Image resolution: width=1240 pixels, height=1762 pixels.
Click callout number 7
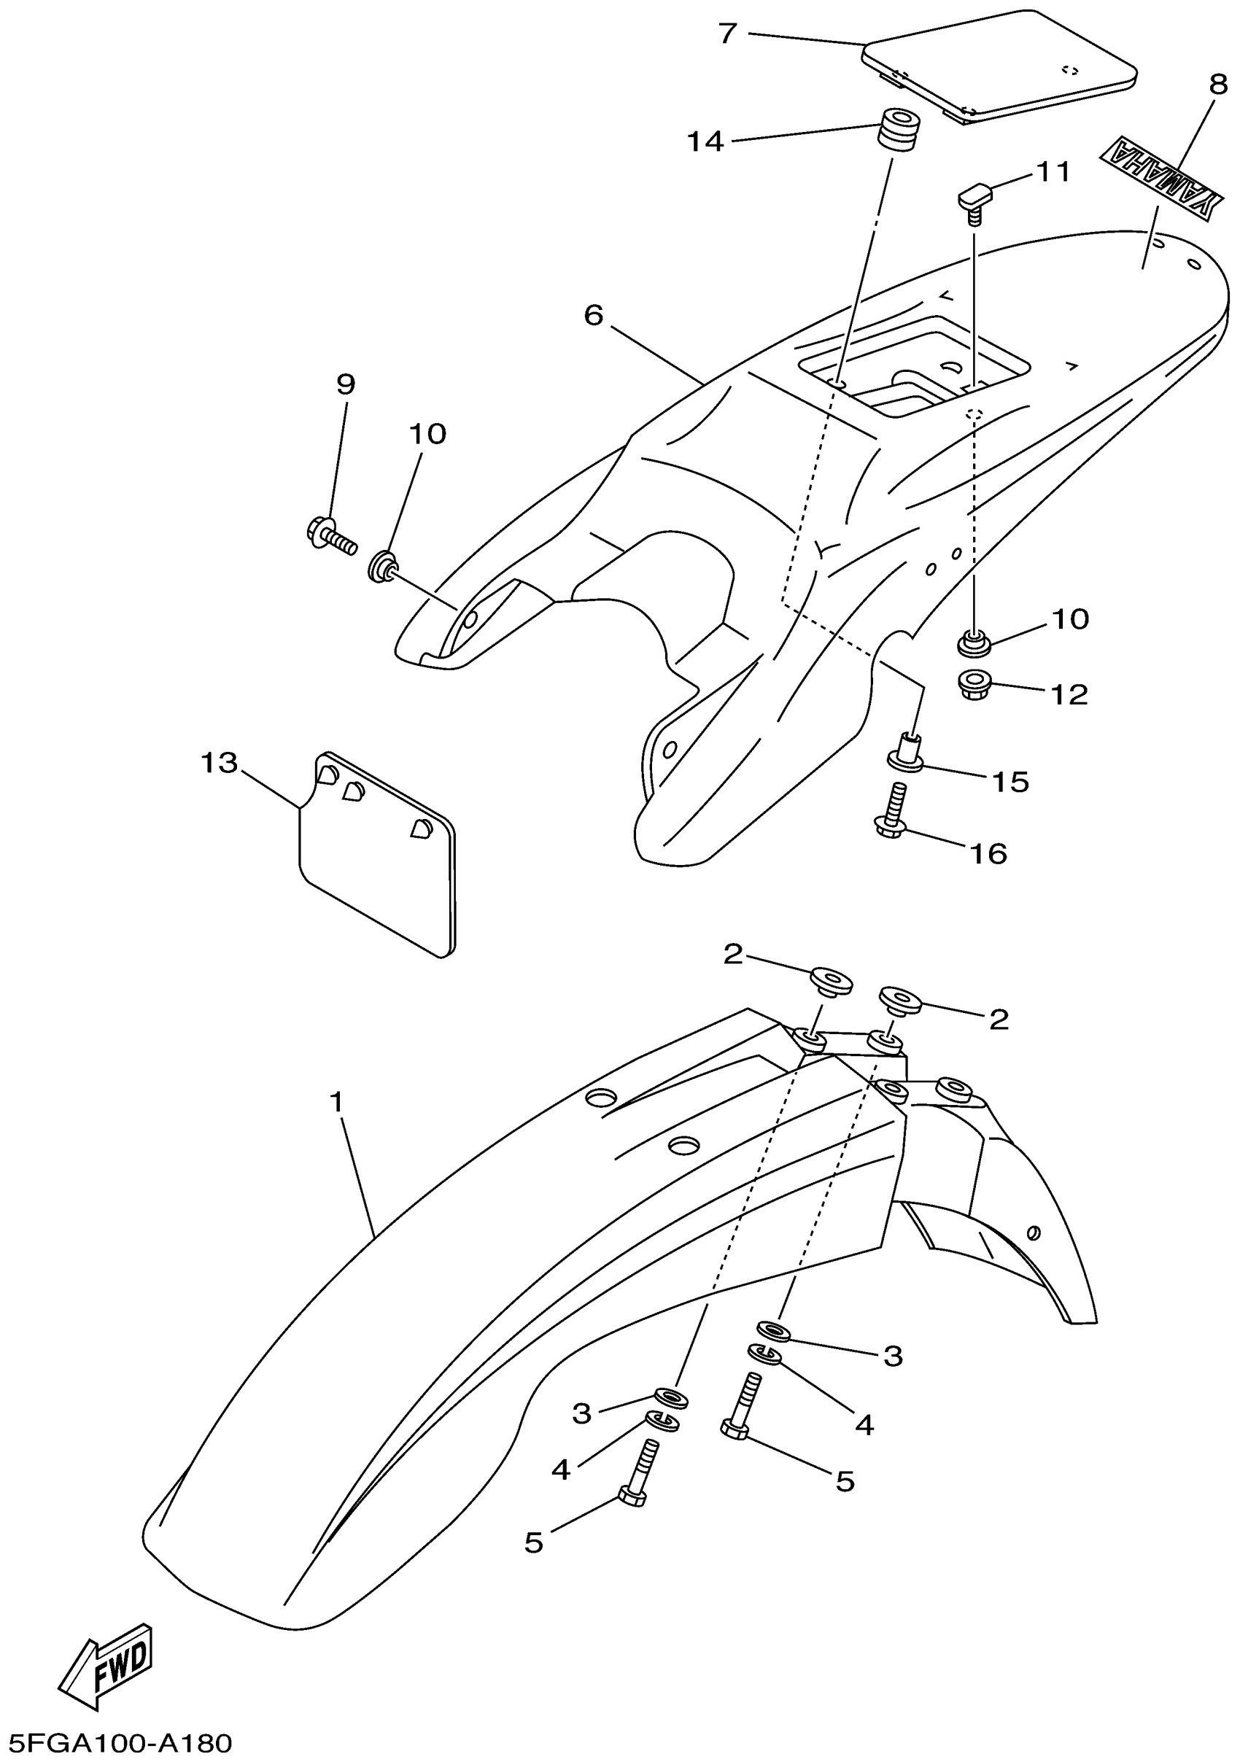pyautogui.click(x=727, y=33)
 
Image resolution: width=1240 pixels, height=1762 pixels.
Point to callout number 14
pyautogui.click(x=705, y=141)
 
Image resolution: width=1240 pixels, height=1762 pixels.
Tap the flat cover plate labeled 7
pyautogui.click(x=999, y=64)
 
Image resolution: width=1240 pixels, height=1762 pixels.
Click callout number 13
pyautogui.click(x=220, y=763)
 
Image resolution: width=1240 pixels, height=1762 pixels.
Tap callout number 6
pyautogui.click(x=593, y=314)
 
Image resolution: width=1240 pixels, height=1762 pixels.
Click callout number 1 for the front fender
pyautogui.click(x=336, y=1102)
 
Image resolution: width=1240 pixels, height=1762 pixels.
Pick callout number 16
pyautogui.click(x=988, y=853)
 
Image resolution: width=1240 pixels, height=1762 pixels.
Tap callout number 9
pyautogui.click(x=345, y=384)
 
